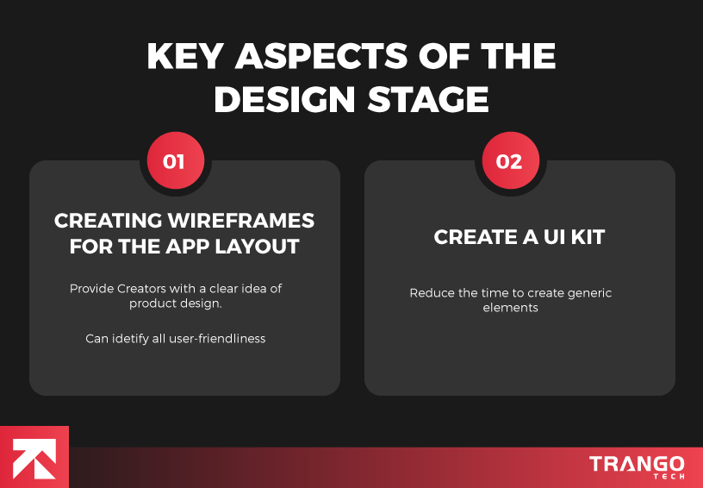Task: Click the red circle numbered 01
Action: (174, 161)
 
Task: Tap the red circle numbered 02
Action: (509, 161)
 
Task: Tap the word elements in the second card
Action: (510, 308)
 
